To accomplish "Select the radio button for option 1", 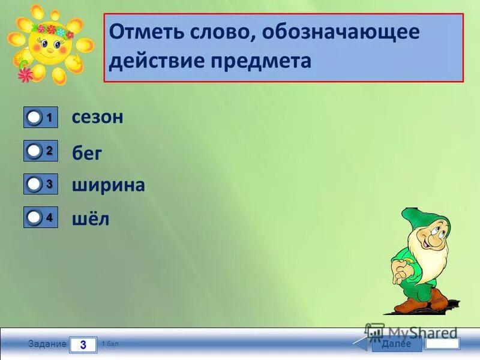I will pyautogui.click(x=35, y=118).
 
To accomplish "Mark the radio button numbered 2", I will pyautogui.click(x=35, y=151).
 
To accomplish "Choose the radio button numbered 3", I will pyautogui.click(x=35, y=184).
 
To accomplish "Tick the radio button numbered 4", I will pyautogui.click(x=35, y=217).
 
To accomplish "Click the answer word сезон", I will pyautogui.click(x=98, y=117).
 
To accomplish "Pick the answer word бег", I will pyautogui.click(x=88, y=154).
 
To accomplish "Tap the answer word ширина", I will pyautogui.click(x=109, y=185).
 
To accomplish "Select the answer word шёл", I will pyautogui.click(x=91, y=220).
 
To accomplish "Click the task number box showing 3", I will pyautogui.click(x=83, y=345).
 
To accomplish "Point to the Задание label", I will pyautogui.click(x=47, y=344).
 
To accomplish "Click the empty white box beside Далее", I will pyautogui.click(x=442, y=344).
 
